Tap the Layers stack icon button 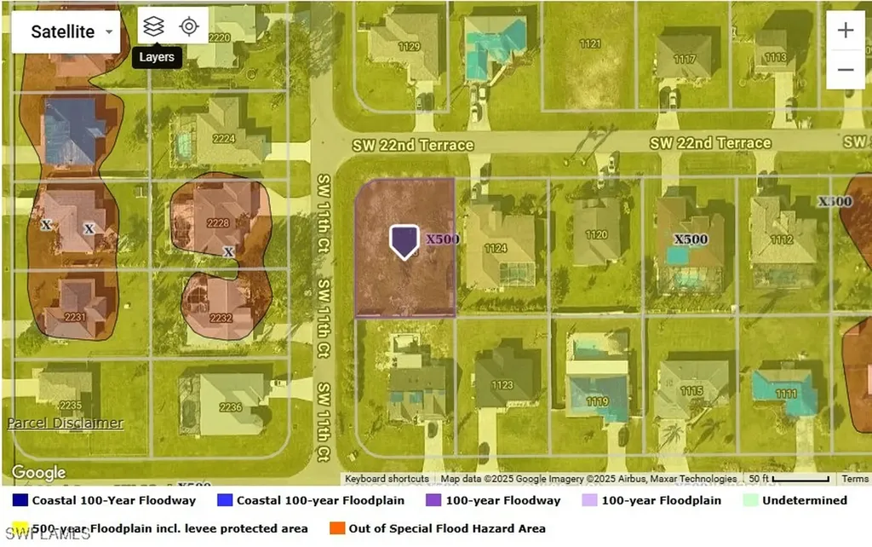coord(153,26)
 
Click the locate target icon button coord(189,26)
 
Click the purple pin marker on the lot coord(404,241)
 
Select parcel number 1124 coord(496,249)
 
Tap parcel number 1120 coord(596,234)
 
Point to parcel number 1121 coord(589,43)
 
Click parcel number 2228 coord(219,223)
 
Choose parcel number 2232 coord(221,318)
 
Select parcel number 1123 coord(502,385)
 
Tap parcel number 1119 coord(597,401)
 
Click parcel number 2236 coord(231,407)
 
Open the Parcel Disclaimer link coord(66,423)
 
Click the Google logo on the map coord(38,473)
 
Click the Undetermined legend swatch coord(749,500)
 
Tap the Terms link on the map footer coord(855,479)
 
